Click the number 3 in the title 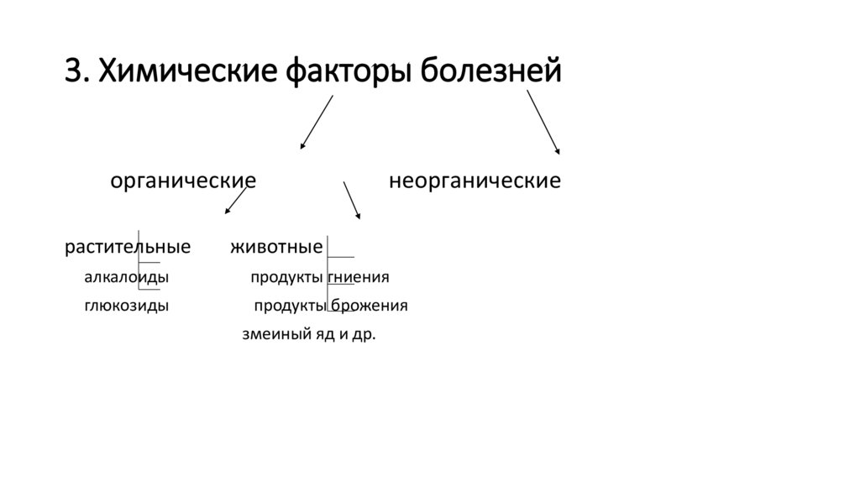click(x=75, y=72)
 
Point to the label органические click(x=184, y=181)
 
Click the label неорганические click(x=475, y=181)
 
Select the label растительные click(x=128, y=248)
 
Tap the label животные click(x=276, y=248)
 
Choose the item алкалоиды click(x=126, y=277)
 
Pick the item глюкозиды click(x=126, y=306)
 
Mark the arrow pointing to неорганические click(x=543, y=122)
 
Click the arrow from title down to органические click(x=317, y=122)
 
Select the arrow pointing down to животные click(x=351, y=201)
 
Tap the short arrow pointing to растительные click(x=235, y=201)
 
